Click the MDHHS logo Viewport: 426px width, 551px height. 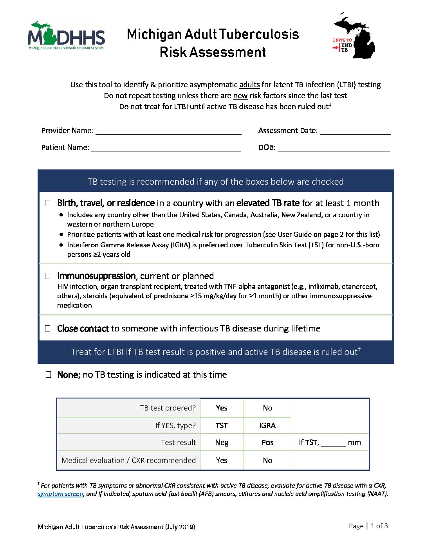[66, 36]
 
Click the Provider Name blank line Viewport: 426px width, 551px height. [168, 131]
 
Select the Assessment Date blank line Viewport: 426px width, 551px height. [355, 131]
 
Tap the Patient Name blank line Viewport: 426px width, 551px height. [166, 148]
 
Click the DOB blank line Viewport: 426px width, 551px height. [334, 148]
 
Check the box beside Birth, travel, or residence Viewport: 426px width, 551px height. [48, 203]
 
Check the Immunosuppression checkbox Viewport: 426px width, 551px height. [48, 276]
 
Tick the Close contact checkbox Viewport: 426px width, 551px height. [48, 328]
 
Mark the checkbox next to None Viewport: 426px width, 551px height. [48, 375]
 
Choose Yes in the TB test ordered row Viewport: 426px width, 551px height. [222, 408]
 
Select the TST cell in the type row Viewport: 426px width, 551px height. [222, 425]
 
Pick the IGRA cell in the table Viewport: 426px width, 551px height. [267, 425]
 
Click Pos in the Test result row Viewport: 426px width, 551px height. [267, 442]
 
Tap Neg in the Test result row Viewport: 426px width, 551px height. [222, 442]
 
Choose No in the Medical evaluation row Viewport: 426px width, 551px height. [267, 460]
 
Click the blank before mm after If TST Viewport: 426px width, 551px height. [333, 443]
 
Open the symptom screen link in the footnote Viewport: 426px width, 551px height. [60, 494]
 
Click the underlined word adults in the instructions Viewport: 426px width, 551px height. [249, 85]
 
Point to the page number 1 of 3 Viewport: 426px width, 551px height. [379, 526]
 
